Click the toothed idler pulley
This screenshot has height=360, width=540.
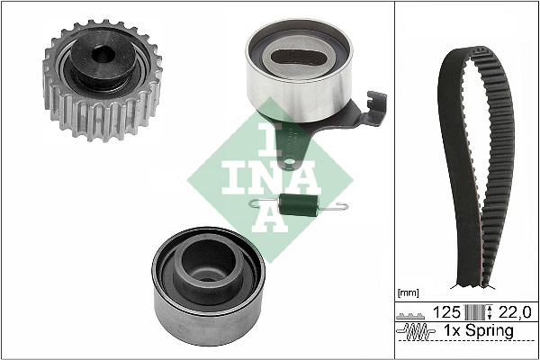pyautogui.click(x=103, y=81)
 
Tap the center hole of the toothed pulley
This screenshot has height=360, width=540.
pyautogui.click(x=103, y=54)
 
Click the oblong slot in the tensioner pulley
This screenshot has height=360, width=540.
pyautogui.click(x=298, y=58)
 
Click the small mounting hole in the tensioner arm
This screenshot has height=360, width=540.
pyautogui.click(x=289, y=161)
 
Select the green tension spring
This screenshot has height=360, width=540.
pyautogui.click(x=298, y=205)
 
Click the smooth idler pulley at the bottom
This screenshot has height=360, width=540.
pyautogui.click(x=209, y=285)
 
